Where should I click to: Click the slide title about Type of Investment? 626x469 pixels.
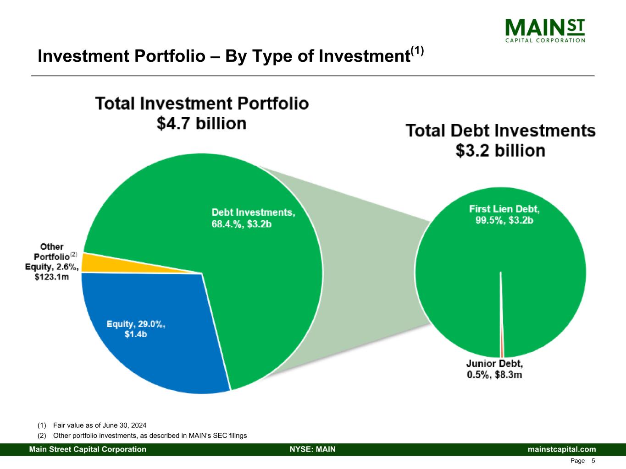pos(223,56)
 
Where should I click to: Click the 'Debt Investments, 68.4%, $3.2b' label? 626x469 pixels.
pos(253,218)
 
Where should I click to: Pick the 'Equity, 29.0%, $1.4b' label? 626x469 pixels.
pos(136,329)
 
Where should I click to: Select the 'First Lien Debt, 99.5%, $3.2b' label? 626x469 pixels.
pos(504,214)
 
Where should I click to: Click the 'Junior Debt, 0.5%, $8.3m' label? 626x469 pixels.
pos(494,369)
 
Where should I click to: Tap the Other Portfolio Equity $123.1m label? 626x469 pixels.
pos(51,262)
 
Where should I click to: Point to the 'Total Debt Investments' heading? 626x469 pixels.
pos(501,131)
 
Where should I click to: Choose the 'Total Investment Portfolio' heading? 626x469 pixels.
pos(202,103)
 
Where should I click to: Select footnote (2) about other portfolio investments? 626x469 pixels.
pos(142,436)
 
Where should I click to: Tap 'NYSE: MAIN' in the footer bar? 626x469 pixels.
pos(313,449)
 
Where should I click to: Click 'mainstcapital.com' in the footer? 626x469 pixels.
pos(562,449)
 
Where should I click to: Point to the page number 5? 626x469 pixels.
pos(593,461)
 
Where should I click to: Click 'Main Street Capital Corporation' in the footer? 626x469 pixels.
pos(88,449)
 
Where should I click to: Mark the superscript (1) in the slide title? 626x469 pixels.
pos(417,50)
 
